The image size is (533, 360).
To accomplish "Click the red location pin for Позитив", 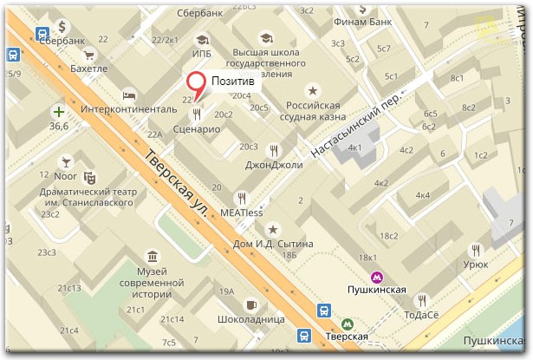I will click(x=198, y=84).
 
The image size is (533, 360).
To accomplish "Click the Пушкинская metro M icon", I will click(x=376, y=278).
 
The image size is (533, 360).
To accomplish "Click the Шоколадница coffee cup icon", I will click(x=250, y=304).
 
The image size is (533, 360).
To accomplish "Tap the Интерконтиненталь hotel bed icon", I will click(x=128, y=95).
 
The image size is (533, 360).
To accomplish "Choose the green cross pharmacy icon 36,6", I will click(x=58, y=112).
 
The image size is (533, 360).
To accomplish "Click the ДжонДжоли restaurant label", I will click(x=274, y=164).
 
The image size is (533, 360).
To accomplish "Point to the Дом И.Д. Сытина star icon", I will click(x=273, y=229).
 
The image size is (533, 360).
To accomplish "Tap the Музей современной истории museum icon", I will click(x=153, y=256).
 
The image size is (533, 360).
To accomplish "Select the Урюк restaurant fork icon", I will click(x=469, y=245).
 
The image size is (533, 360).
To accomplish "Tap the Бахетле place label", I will click(x=89, y=68).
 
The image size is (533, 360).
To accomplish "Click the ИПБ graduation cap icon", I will click(x=201, y=40).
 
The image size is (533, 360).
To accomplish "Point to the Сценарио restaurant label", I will click(x=195, y=128).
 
